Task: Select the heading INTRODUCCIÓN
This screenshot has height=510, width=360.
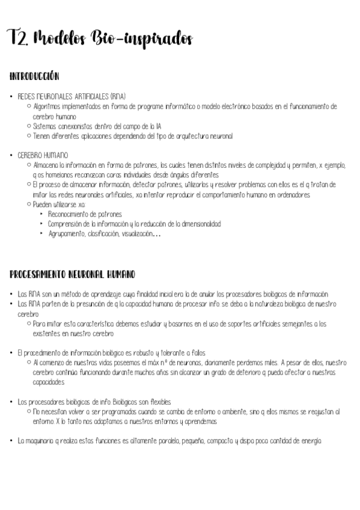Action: point(34,76)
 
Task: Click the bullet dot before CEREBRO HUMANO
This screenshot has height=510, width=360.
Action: point(11,155)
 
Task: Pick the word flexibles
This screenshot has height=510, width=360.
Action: point(158,402)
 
